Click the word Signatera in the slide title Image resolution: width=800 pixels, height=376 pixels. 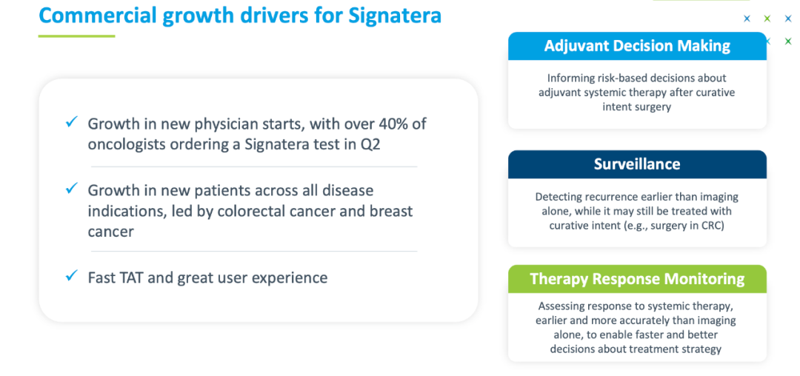(x=395, y=15)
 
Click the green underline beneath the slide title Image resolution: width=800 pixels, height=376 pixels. (x=76, y=36)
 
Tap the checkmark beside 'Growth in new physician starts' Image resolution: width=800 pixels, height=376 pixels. (x=71, y=122)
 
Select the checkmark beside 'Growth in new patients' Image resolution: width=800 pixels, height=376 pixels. (x=71, y=189)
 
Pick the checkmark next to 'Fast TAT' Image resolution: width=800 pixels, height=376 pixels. (x=71, y=276)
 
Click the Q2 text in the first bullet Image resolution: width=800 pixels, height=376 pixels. (x=370, y=144)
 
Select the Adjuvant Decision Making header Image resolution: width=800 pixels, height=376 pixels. (x=637, y=47)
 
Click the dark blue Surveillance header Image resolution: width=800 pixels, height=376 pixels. (x=637, y=164)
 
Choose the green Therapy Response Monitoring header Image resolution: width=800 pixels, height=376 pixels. (x=637, y=279)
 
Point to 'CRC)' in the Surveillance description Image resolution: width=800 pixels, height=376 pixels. (x=713, y=225)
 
